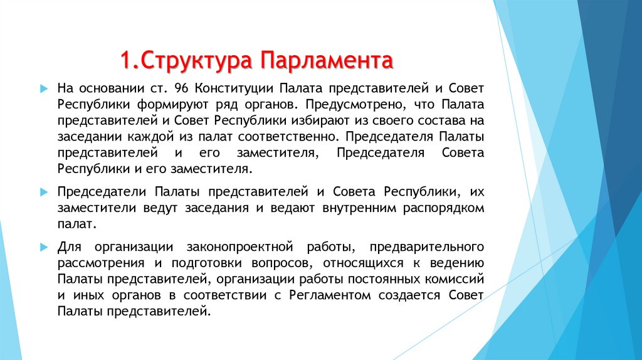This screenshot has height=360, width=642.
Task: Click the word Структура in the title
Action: pyautogui.click(x=198, y=61)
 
